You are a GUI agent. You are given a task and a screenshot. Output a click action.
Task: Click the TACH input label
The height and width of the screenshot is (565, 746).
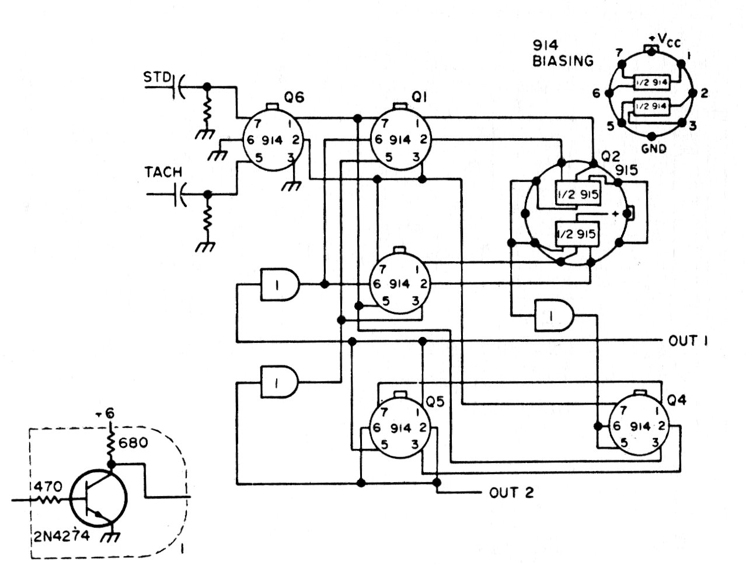pyautogui.click(x=163, y=172)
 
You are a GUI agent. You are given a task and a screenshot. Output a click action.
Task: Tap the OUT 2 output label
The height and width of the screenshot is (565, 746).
pyautogui.click(x=511, y=493)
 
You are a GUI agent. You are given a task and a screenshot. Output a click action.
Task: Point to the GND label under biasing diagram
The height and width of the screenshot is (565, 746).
pyautogui.click(x=654, y=148)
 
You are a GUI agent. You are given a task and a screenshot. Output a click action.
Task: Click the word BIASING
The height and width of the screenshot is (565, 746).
pyautogui.click(x=563, y=61)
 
